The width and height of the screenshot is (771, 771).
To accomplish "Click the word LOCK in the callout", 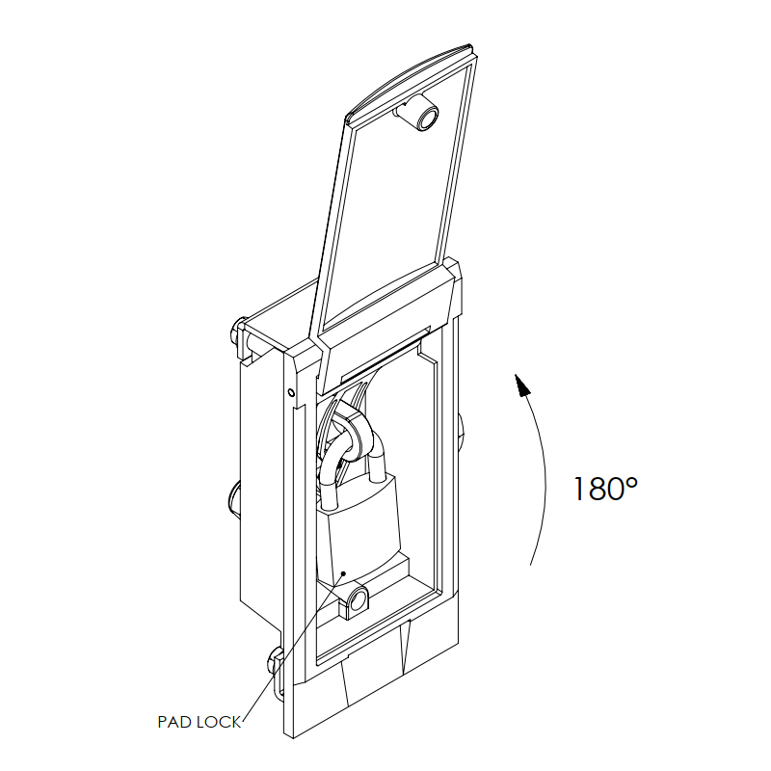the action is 219,722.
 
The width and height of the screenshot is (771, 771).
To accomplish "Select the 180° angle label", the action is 605,489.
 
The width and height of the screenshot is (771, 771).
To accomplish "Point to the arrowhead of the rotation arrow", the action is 522,384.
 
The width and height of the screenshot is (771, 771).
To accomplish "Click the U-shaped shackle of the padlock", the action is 352,467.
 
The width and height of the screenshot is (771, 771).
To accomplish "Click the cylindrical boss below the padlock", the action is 355,601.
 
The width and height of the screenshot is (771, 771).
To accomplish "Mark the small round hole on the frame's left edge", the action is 291,392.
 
